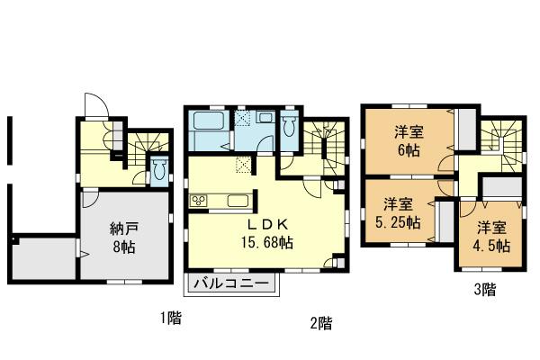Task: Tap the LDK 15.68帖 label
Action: (x=266, y=233)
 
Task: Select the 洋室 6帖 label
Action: (x=409, y=141)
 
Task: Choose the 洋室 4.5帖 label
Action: (x=493, y=235)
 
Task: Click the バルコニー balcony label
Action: (x=233, y=283)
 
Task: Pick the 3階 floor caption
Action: (x=484, y=290)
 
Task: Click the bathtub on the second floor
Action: (x=209, y=133)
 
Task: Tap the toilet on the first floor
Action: (x=159, y=169)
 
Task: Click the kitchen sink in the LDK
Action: (x=236, y=201)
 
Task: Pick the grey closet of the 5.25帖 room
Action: (x=444, y=220)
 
